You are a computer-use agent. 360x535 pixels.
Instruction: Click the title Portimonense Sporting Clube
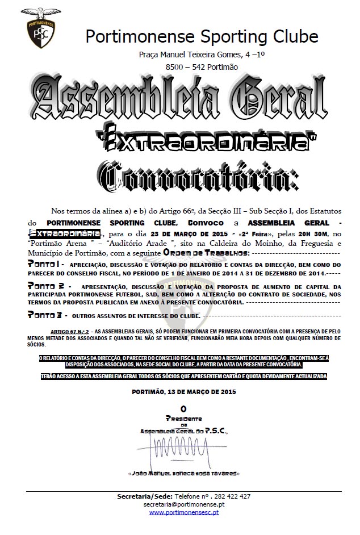point(202,36)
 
